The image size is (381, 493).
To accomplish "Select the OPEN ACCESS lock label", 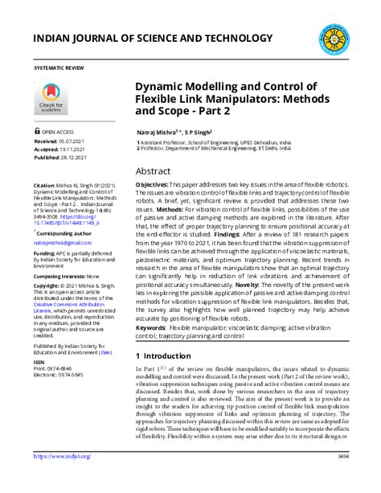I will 58,130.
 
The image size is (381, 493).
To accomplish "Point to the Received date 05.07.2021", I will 80,139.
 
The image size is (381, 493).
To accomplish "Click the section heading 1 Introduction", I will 169,355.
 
